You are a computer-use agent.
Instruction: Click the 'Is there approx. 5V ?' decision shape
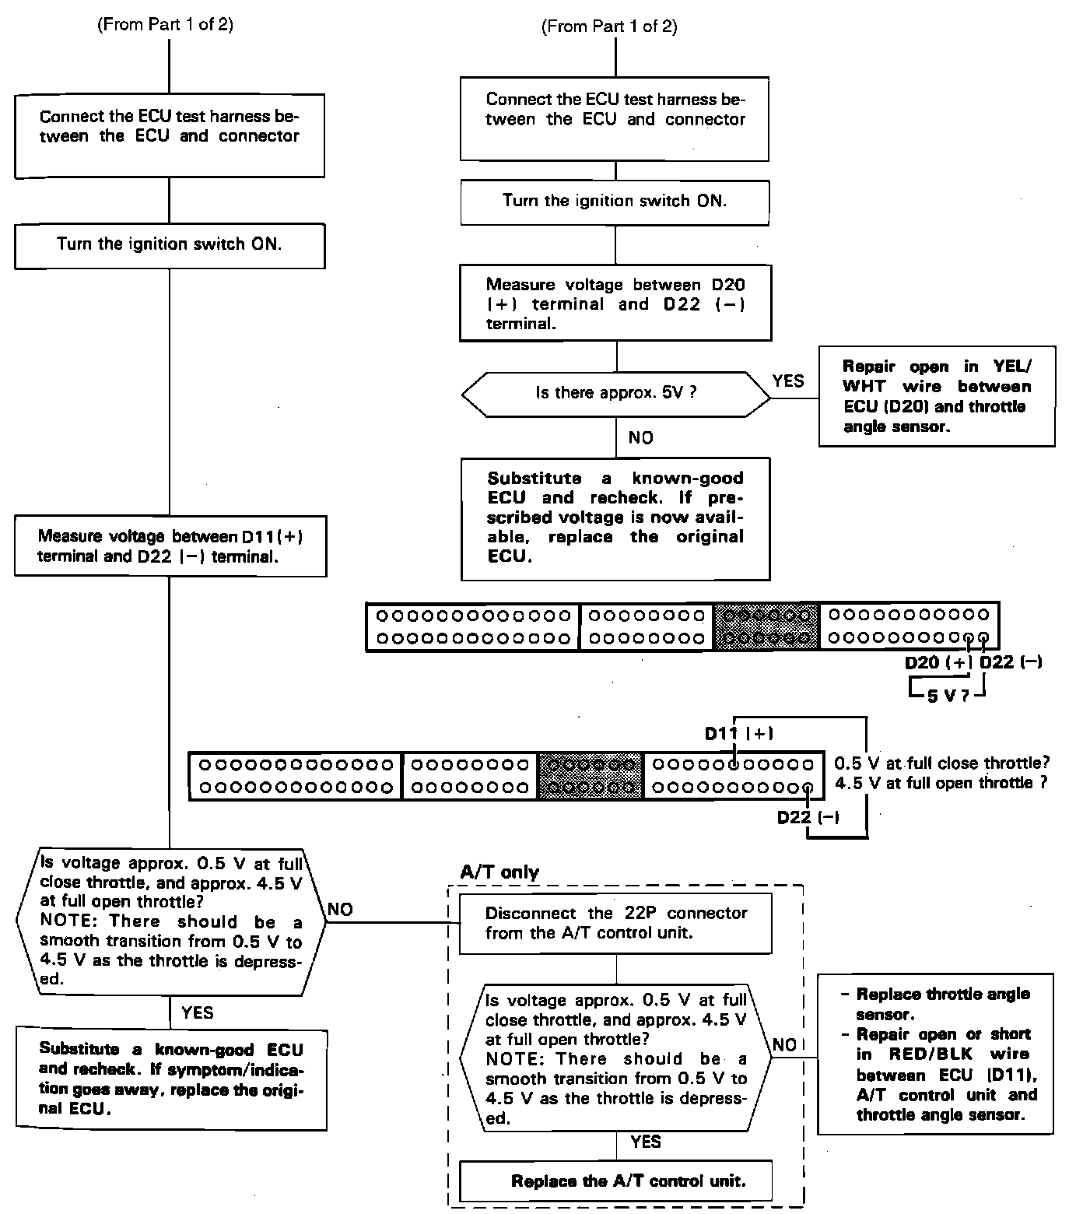point(615,393)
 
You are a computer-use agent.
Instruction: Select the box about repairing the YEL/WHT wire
point(937,397)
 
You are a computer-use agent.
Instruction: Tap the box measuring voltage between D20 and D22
point(615,304)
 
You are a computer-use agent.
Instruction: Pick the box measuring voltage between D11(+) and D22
point(170,546)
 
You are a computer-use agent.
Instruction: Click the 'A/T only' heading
point(499,872)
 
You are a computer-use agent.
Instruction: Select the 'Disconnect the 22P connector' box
point(615,923)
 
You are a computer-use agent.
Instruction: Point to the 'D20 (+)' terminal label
point(938,662)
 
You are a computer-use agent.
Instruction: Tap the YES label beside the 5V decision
point(788,381)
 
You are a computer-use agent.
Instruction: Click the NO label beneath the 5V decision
point(641,438)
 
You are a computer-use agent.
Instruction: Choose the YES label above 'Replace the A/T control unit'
point(646,1142)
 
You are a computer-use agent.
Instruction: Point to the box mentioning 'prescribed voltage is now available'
point(615,518)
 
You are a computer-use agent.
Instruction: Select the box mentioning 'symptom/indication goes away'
point(170,1079)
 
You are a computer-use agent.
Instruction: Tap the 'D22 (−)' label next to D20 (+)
point(1011,662)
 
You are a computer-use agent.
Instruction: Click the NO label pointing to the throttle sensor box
point(785,1044)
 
